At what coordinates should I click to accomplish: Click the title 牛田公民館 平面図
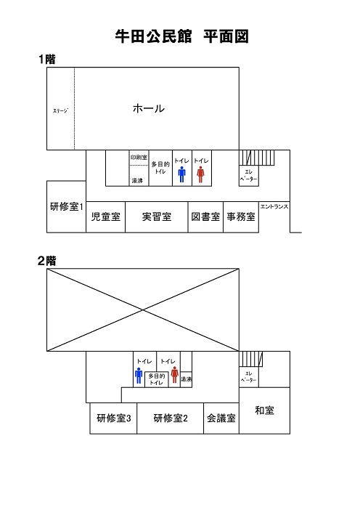click(x=182, y=36)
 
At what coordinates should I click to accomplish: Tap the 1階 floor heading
click(x=47, y=59)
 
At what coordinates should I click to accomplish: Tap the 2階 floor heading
click(x=47, y=261)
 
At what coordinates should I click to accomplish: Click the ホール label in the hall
click(x=149, y=108)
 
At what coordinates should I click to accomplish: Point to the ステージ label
click(x=61, y=110)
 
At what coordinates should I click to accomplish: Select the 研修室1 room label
click(x=67, y=206)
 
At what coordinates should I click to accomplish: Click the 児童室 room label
click(x=105, y=216)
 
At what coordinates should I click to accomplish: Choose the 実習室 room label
click(x=157, y=216)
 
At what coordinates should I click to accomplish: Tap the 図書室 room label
click(x=205, y=216)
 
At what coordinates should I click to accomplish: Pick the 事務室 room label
click(x=241, y=216)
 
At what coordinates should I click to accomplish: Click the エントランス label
click(x=274, y=206)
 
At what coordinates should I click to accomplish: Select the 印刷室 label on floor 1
click(x=139, y=158)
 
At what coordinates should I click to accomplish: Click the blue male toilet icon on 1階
click(x=182, y=174)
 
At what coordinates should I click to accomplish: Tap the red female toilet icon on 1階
click(x=200, y=174)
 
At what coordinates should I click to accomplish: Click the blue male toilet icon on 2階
click(x=139, y=376)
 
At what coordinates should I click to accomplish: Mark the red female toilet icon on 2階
click(x=175, y=375)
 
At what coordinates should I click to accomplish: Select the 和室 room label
click(x=264, y=410)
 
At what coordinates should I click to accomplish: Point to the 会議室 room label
click(x=221, y=418)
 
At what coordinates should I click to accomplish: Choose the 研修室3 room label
click(x=114, y=418)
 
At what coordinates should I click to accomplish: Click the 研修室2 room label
click(x=171, y=418)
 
